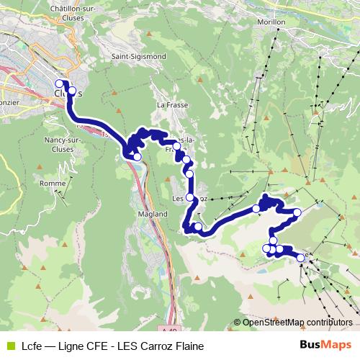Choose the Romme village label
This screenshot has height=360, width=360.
(53, 184)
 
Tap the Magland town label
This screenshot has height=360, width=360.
(150, 214)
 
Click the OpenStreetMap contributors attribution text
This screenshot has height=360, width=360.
(297, 323)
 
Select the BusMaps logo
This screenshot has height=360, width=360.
(325, 345)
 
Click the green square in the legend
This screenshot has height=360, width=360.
(9, 346)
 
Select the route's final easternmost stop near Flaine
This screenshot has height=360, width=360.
(300, 257)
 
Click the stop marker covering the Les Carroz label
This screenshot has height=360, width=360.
(190, 197)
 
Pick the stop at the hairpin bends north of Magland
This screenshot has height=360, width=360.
(137, 156)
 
